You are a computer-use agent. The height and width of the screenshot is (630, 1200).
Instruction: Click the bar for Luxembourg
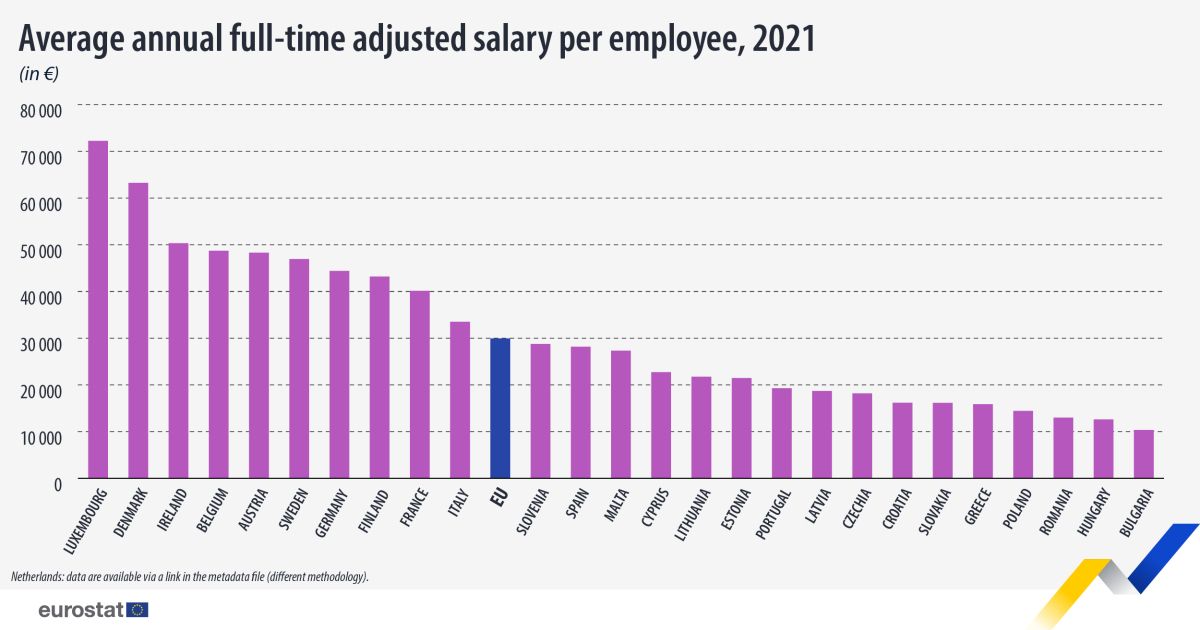[98, 310]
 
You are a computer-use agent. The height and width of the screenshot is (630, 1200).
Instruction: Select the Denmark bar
[138, 330]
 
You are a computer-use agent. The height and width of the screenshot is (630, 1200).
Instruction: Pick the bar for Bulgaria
[1143, 454]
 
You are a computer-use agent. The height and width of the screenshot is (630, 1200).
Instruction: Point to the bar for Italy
[460, 400]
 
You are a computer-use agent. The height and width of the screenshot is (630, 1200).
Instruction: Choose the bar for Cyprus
[661, 425]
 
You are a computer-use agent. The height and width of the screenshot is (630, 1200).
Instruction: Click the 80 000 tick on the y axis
[41, 109]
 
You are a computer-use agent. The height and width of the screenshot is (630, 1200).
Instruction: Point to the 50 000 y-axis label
[41, 249]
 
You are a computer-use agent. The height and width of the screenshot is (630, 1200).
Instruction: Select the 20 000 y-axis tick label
[41, 389]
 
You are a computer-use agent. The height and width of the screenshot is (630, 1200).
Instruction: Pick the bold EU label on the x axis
[496, 497]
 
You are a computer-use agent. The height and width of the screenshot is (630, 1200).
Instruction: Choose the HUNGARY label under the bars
[1096, 515]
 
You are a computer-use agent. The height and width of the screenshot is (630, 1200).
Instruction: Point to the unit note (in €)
[39, 74]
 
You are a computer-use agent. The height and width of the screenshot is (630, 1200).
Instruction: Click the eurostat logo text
[80, 610]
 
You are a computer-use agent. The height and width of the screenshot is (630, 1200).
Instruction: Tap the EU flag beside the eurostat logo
[138, 610]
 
